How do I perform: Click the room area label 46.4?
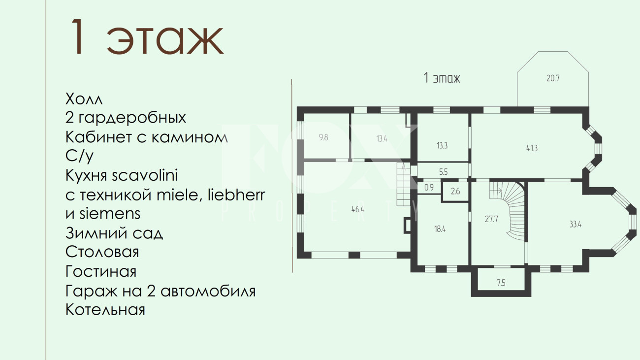[358, 209]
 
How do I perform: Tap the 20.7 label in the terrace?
[553, 78]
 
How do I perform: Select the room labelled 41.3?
[532, 148]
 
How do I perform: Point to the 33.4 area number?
[576, 224]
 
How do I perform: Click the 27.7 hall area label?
[491, 219]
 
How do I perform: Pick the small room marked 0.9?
[429, 188]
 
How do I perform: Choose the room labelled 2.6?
[455, 191]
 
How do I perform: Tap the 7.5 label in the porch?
[501, 283]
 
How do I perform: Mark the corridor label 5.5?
[443, 172]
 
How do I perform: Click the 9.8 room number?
[323, 137]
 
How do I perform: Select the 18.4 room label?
[440, 229]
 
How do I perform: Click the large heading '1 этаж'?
[146, 37]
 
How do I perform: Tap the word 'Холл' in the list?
[84, 99]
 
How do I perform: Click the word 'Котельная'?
[105, 309]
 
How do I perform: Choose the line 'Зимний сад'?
[114, 233]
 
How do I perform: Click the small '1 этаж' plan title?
[442, 78]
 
